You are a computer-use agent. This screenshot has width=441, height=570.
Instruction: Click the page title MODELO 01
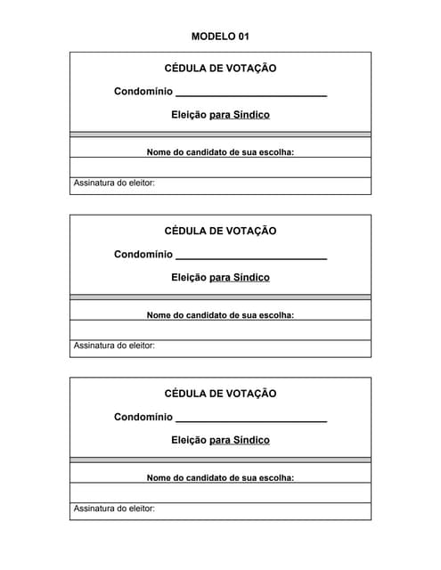click(x=220, y=37)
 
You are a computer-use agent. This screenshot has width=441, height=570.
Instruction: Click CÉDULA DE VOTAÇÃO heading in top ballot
click(x=220, y=69)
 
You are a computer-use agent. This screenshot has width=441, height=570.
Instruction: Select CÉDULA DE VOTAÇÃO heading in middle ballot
click(x=220, y=232)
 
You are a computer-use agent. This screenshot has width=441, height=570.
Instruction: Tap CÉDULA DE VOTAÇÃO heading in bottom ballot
click(x=220, y=394)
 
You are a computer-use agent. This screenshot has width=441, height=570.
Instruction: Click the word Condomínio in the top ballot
click(x=143, y=92)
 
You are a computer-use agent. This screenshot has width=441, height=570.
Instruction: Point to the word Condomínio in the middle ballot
click(x=143, y=255)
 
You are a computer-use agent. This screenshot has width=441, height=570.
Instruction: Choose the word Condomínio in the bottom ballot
click(x=143, y=417)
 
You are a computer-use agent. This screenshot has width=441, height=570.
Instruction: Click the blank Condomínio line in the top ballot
click(x=251, y=94)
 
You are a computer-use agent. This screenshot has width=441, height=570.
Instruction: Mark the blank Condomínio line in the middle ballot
click(x=251, y=257)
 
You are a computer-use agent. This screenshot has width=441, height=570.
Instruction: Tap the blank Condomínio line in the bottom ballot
click(x=251, y=419)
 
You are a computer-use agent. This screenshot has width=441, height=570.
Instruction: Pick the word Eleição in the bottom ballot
click(x=188, y=440)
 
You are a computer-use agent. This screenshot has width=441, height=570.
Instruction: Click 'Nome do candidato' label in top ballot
click(x=220, y=152)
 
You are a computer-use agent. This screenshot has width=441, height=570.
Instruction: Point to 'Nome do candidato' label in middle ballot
click(x=220, y=314)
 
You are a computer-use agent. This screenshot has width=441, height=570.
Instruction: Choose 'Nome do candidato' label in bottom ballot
click(x=220, y=477)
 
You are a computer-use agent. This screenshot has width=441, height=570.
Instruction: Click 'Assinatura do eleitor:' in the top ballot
click(x=114, y=183)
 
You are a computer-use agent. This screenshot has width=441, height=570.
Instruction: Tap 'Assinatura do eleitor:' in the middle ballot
click(x=114, y=346)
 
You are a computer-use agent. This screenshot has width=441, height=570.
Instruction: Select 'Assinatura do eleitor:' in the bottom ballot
click(x=114, y=509)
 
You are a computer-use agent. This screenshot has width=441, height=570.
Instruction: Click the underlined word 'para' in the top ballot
click(x=219, y=115)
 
